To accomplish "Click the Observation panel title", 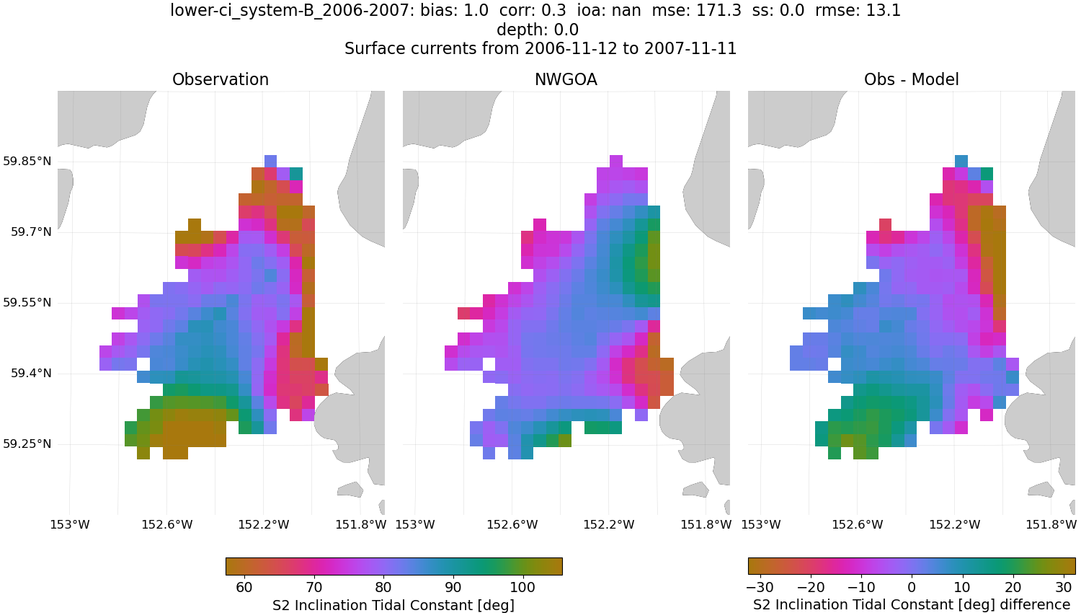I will click(x=221, y=79).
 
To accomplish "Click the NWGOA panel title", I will click(x=566, y=79).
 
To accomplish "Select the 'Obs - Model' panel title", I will click(x=911, y=79).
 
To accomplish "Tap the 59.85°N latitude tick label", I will click(x=27, y=161).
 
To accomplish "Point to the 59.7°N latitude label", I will click(x=31, y=231).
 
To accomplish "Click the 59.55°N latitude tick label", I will click(x=27, y=302).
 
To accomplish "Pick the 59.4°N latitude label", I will click(x=31, y=373).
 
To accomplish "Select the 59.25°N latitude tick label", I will click(x=27, y=444).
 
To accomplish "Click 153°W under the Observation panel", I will click(x=70, y=524).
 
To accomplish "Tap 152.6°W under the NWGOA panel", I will click(x=512, y=524).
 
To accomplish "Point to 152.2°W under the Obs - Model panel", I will click(x=955, y=524).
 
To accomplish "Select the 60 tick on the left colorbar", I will click(x=244, y=587).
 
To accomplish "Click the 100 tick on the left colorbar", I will click(x=522, y=587).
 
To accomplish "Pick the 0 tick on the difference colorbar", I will click(x=912, y=587).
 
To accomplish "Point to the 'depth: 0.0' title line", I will click(x=538, y=30).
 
